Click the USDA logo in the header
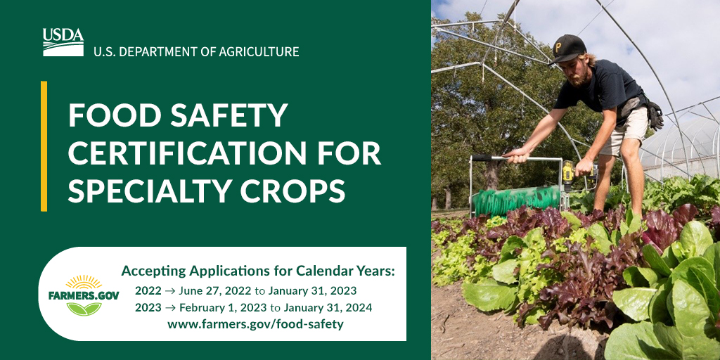[x=63, y=42]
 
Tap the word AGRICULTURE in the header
[x=261, y=51]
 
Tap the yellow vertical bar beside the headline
[x=44, y=146]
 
